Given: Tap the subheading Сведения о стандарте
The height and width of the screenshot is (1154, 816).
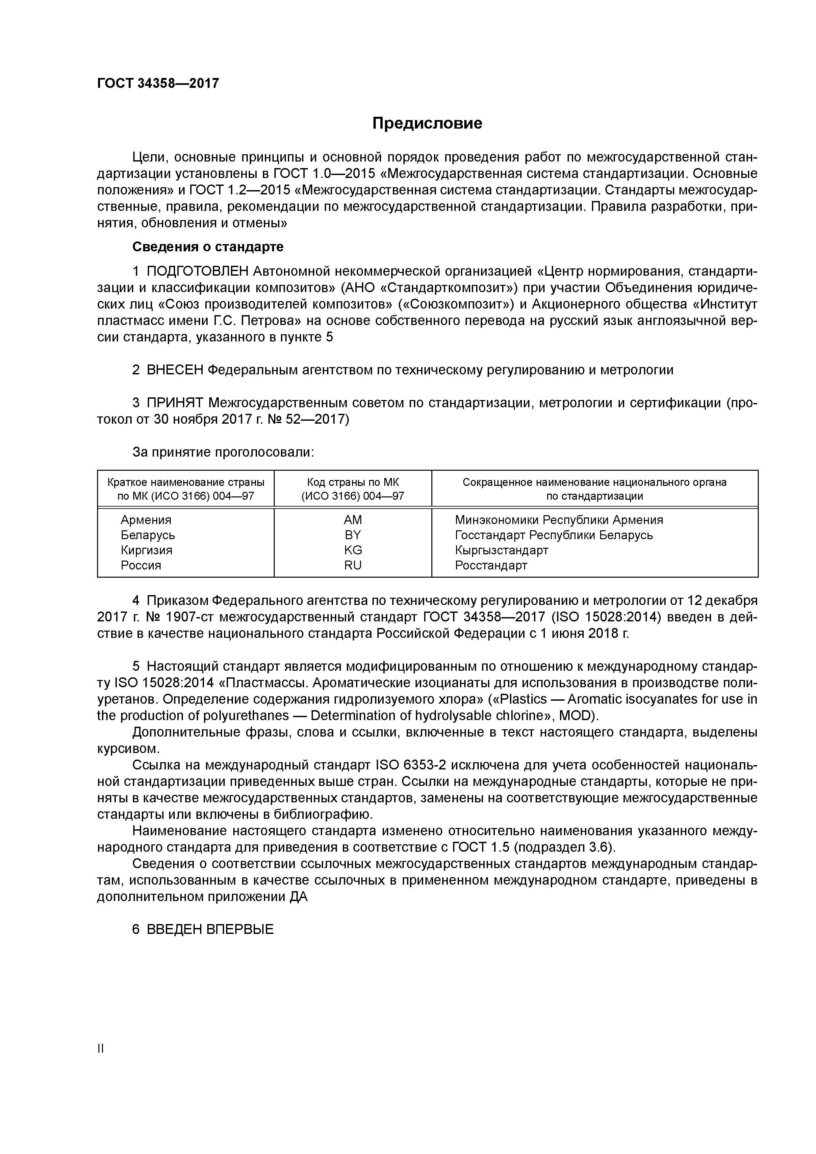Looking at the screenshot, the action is click(208, 247).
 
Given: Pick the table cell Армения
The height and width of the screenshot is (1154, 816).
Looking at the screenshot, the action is click(146, 520).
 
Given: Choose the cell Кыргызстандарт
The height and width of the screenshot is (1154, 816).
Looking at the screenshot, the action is click(501, 550).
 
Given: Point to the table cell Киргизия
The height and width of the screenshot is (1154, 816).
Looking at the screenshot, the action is click(146, 550).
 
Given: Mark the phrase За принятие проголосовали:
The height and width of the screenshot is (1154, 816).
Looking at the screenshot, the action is click(223, 452).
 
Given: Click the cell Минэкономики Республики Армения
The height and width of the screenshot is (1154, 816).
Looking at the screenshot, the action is click(559, 520).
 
